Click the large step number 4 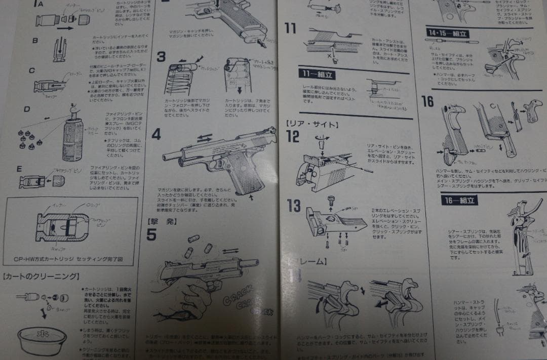tap(156, 134)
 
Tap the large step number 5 tap(151, 234)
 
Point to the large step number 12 tap(293, 136)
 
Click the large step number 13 tap(293, 206)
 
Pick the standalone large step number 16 tap(427, 101)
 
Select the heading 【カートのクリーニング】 tap(41, 276)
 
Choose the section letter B tap(35, 41)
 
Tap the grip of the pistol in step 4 tap(238, 175)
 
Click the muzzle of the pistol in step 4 tap(166, 157)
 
